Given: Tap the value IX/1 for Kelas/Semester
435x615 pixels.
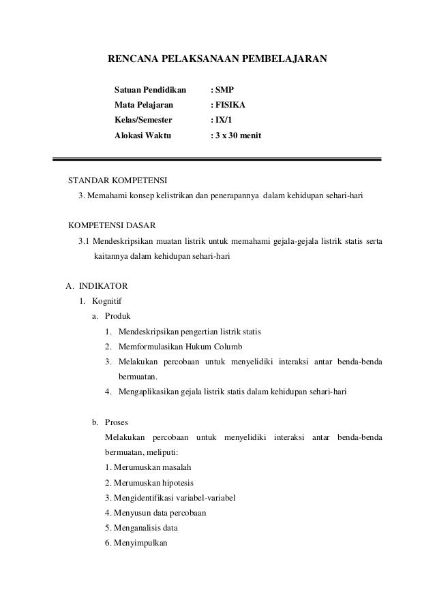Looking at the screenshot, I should pos(226,121).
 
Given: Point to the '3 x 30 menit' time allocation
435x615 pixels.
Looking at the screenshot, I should pos(239,136).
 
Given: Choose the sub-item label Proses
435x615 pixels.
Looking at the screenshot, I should pos(118,422).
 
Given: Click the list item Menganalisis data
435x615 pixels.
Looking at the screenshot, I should pos(146,527).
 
